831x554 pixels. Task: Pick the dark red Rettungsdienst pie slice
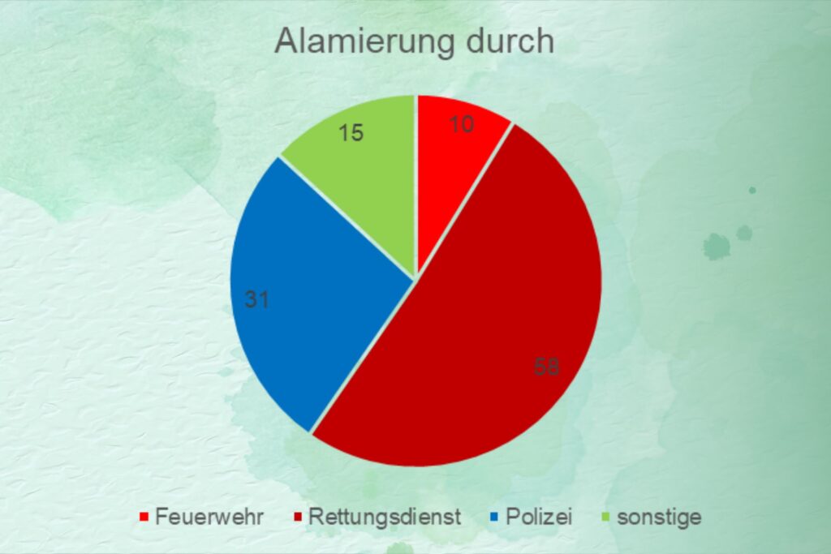(477, 329)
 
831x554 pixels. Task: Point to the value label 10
(461, 124)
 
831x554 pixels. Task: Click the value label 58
(546, 367)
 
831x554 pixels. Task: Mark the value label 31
(257, 300)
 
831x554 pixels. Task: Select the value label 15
(351, 133)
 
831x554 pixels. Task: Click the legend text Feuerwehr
(209, 517)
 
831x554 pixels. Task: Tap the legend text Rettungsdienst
(385, 517)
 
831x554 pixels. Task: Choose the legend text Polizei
(539, 517)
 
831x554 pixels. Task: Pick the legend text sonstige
(659, 517)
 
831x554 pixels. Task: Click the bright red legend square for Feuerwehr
(144, 517)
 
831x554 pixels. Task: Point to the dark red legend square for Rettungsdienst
(297, 517)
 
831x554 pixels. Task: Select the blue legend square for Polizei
(495, 517)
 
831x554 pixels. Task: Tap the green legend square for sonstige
(606, 517)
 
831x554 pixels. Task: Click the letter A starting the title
(286, 41)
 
